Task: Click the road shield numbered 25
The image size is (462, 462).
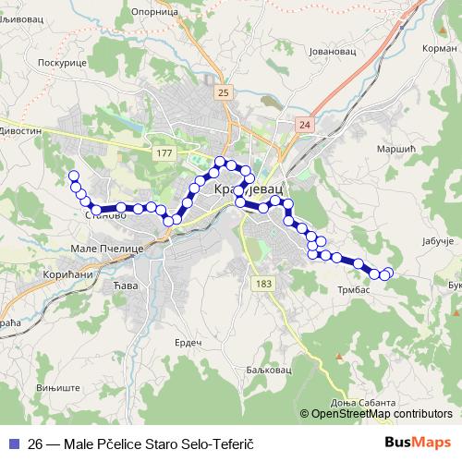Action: (225, 93)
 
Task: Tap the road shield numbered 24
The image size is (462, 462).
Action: (306, 123)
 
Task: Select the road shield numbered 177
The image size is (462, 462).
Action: (164, 152)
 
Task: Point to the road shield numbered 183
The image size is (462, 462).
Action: (265, 283)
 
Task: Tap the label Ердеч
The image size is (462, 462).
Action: (188, 342)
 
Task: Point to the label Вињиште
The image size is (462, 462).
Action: (40, 389)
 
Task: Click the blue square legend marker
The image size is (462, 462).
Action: (13, 443)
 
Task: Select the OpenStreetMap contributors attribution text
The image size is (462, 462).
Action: (383, 415)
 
